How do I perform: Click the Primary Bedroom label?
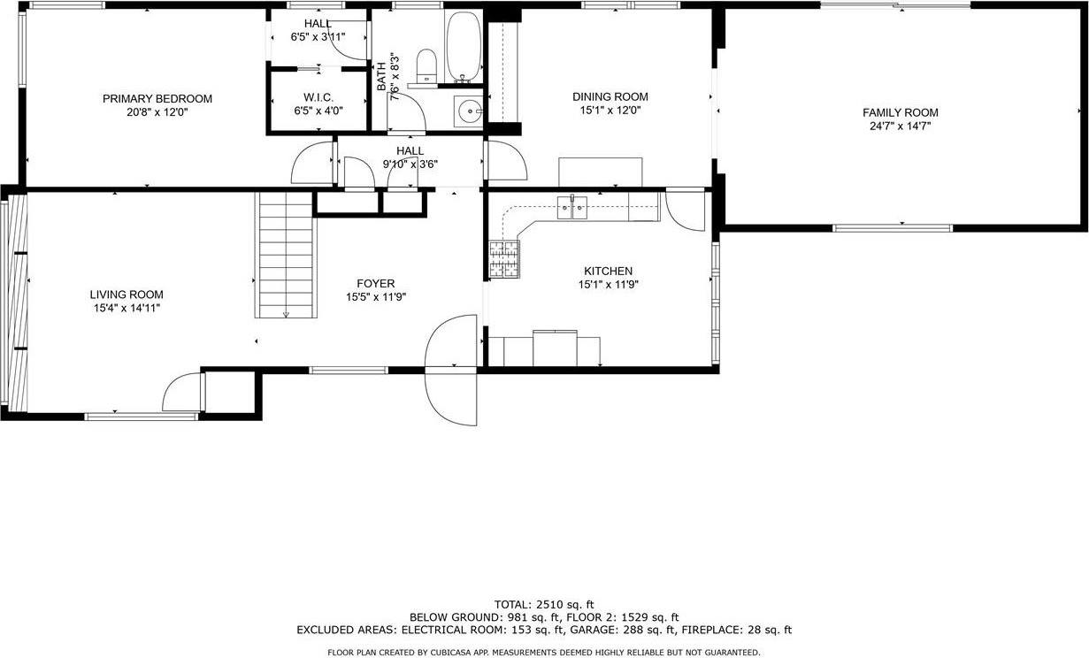point(157,98)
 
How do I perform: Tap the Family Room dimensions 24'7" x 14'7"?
point(900,126)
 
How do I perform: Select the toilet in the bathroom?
point(426,65)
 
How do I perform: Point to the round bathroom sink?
point(468,111)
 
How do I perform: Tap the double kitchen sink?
point(573,210)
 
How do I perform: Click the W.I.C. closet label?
point(318,97)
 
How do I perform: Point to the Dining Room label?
point(610,97)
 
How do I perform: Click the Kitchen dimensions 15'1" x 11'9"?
point(608,285)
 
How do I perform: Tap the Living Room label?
point(126,295)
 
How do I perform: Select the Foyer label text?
point(375,284)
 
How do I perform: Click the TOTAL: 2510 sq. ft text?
point(543,602)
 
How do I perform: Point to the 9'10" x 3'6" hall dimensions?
point(410,164)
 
